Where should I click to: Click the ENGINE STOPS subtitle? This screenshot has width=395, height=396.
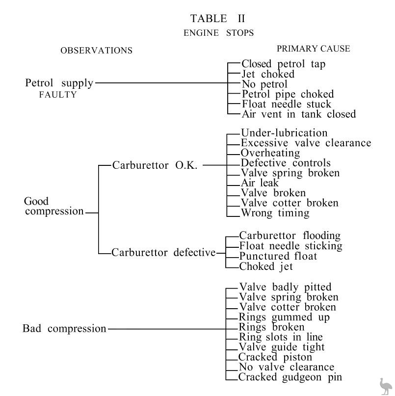219,33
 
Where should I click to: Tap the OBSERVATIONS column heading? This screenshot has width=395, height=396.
96,51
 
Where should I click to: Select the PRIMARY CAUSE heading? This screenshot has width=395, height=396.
313,49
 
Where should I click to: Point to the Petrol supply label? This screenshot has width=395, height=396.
59,83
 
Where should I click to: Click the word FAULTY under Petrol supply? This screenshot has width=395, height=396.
58,95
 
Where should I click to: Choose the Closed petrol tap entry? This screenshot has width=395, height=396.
283,64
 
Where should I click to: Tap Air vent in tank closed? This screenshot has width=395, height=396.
298,114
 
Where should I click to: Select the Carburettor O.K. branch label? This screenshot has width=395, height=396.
155,165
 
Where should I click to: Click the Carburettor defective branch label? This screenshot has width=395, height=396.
163,253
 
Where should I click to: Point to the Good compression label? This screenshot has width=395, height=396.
54,207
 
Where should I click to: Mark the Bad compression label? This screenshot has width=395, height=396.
64,328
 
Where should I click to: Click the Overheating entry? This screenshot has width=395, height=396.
270,153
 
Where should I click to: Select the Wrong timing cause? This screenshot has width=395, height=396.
275,213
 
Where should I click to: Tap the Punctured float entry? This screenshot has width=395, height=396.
278,256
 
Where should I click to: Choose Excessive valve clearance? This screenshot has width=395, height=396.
306,143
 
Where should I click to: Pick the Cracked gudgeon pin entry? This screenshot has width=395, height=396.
290,377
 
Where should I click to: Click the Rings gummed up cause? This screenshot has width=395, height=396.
284,317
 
